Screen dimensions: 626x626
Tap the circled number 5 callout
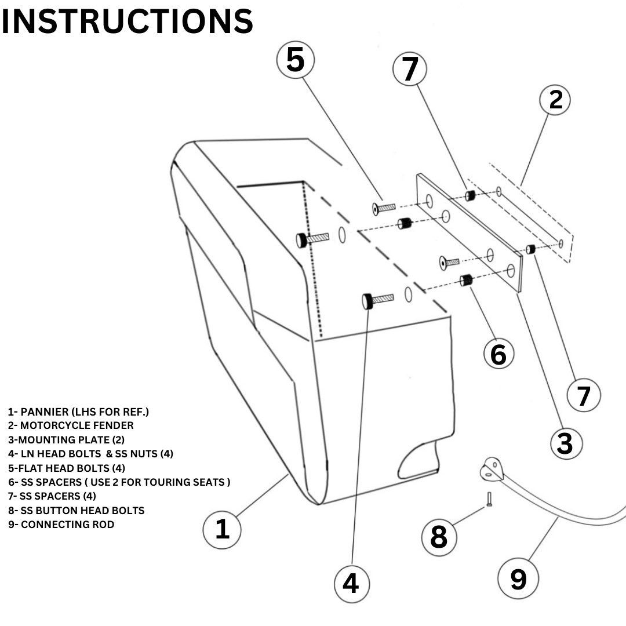pos(296,60)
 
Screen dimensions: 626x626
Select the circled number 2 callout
pos(555,100)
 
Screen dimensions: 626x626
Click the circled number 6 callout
pos(498,354)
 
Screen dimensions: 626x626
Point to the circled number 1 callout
pos(222,529)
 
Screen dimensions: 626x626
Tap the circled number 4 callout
pos(351,584)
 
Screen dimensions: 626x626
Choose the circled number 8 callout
pos(439,537)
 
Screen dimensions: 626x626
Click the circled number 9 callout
pos(518,578)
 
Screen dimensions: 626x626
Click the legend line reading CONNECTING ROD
pos(61,525)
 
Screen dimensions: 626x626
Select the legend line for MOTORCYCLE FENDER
pos(71,425)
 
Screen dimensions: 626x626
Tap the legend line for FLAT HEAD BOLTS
pos(67,468)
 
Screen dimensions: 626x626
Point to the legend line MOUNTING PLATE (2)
pos(66,440)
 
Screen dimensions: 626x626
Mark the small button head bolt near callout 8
pos(489,499)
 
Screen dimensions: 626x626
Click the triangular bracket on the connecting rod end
pos(492,469)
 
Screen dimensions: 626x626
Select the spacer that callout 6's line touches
pos(466,281)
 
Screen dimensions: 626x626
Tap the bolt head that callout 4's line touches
pos(367,301)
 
